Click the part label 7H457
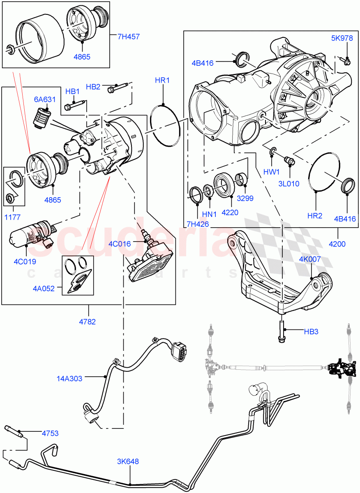128,37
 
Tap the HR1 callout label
162,80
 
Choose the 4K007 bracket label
310,259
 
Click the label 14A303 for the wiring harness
69,378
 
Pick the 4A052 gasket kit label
44,288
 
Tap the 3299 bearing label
245,198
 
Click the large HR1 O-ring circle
165,125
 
